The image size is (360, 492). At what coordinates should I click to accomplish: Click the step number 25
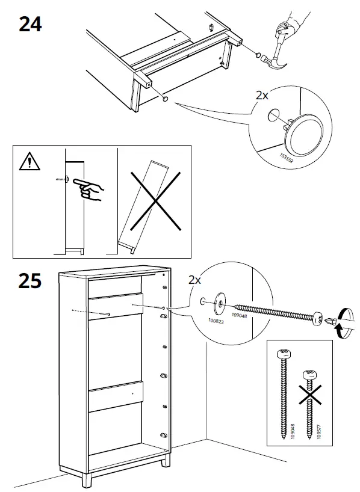tap(30, 281)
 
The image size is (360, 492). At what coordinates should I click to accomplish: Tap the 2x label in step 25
tap(195, 280)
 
